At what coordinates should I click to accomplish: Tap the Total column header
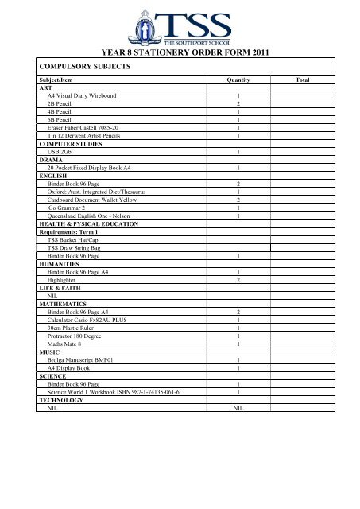(x=303, y=80)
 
